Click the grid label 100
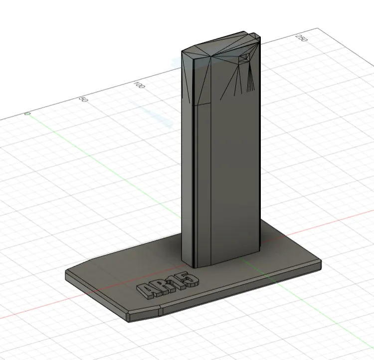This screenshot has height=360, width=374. click(139, 85)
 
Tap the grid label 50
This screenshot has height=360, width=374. click(84, 99)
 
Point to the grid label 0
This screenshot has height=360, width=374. click(27, 114)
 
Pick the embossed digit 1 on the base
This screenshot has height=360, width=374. click(177, 283)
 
